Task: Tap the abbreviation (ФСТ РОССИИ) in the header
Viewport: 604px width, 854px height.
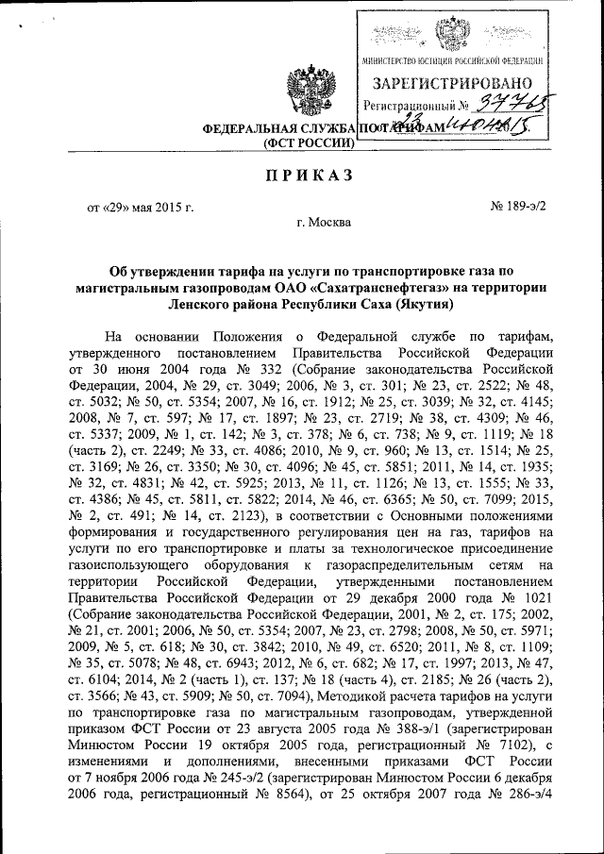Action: point(309,143)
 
